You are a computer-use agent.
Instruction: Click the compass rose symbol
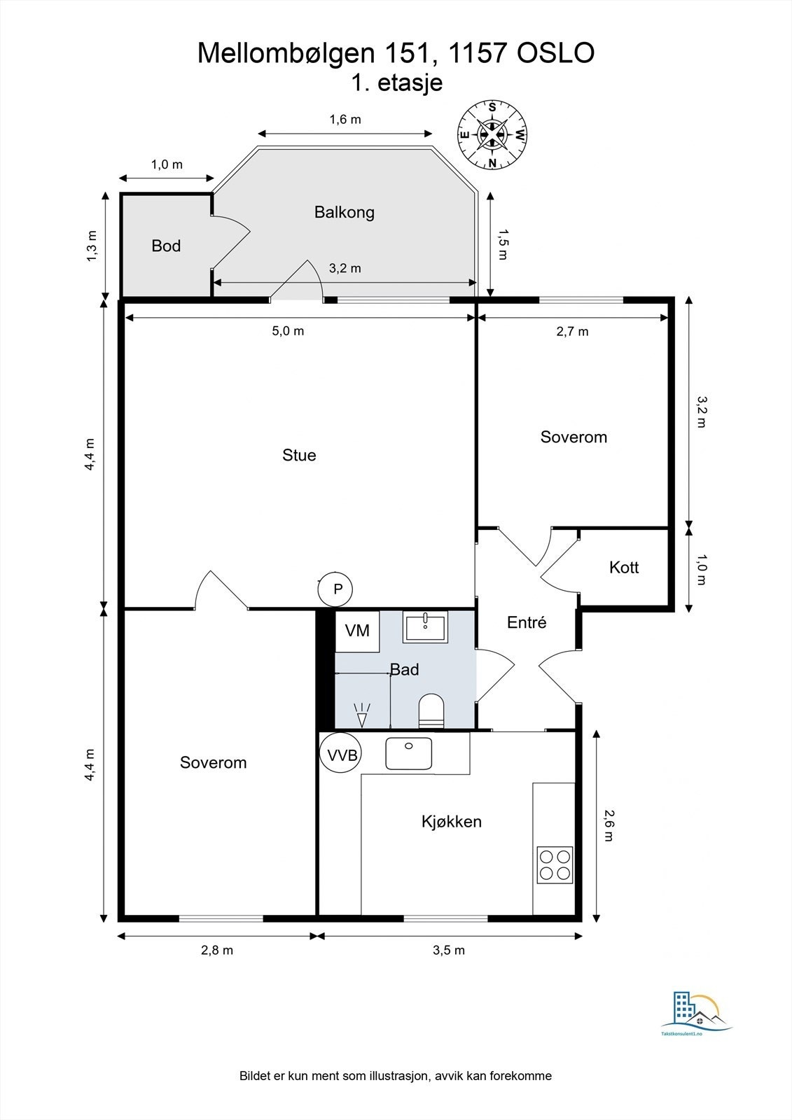click(492, 135)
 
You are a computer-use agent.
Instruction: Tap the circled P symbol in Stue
click(335, 589)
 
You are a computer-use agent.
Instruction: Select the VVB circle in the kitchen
click(341, 753)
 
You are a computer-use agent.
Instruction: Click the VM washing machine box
click(356, 631)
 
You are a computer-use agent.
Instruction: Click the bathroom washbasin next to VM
click(425, 627)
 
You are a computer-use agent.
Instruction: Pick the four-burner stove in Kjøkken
click(555, 865)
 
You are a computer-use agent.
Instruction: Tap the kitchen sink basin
click(408, 753)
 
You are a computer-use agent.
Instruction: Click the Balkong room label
click(345, 212)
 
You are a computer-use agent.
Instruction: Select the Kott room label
click(624, 567)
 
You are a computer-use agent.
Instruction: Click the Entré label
click(527, 622)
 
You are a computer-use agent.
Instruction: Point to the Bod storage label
click(166, 246)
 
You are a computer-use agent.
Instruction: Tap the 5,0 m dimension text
click(288, 331)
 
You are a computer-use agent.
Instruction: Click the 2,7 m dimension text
click(572, 332)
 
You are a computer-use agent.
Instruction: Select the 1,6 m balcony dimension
click(345, 120)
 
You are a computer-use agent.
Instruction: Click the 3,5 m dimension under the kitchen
click(449, 950)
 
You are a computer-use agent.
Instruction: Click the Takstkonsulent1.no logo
click(697, 1011)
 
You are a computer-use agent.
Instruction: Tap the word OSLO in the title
click(555, 53)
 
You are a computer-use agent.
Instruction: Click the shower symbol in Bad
click(362, 714)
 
